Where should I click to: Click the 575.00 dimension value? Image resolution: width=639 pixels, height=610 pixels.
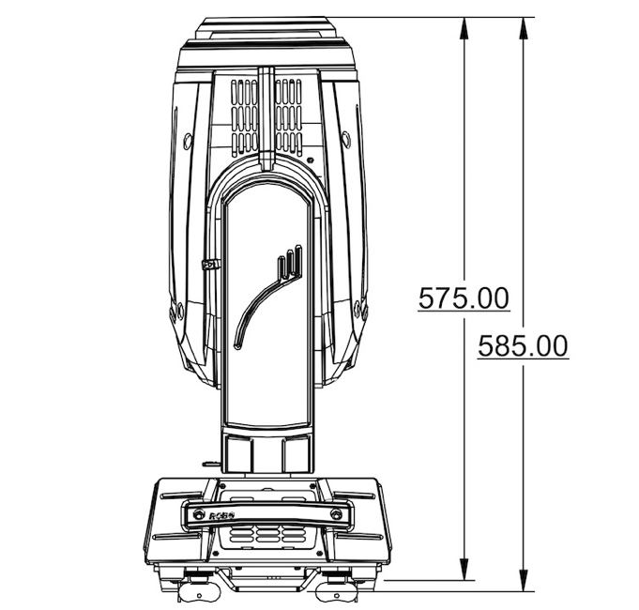464,298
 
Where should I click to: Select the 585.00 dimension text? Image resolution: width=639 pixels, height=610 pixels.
524,346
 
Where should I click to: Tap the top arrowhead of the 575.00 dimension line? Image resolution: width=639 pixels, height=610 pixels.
464,28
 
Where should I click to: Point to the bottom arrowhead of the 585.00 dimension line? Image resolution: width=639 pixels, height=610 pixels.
524,579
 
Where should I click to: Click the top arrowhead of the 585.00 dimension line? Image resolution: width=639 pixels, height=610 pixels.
524,28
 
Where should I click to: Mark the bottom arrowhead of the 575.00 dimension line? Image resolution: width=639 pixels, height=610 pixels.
464,569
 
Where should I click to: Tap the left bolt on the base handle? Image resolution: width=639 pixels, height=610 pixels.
198,514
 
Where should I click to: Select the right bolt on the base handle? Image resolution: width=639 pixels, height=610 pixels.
336,514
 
